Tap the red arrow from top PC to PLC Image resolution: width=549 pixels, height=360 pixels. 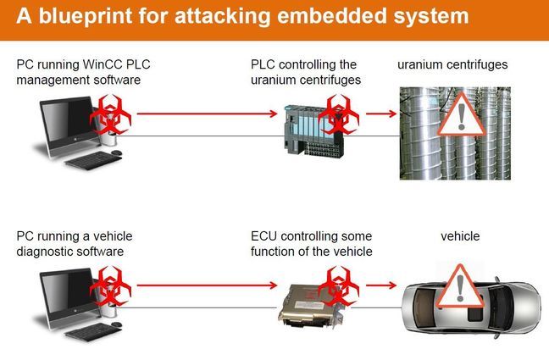[x=207, y=114]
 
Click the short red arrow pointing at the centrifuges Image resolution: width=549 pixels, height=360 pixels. [x=381, y=114]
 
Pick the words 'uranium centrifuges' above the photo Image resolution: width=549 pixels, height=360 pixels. [x=452, y=65]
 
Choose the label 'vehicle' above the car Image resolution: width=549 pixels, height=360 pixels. [x=460, y=236]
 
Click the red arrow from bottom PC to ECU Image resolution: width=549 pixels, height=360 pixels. [x=207, y=285]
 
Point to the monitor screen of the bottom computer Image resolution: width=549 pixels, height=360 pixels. [x=67, y=291]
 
